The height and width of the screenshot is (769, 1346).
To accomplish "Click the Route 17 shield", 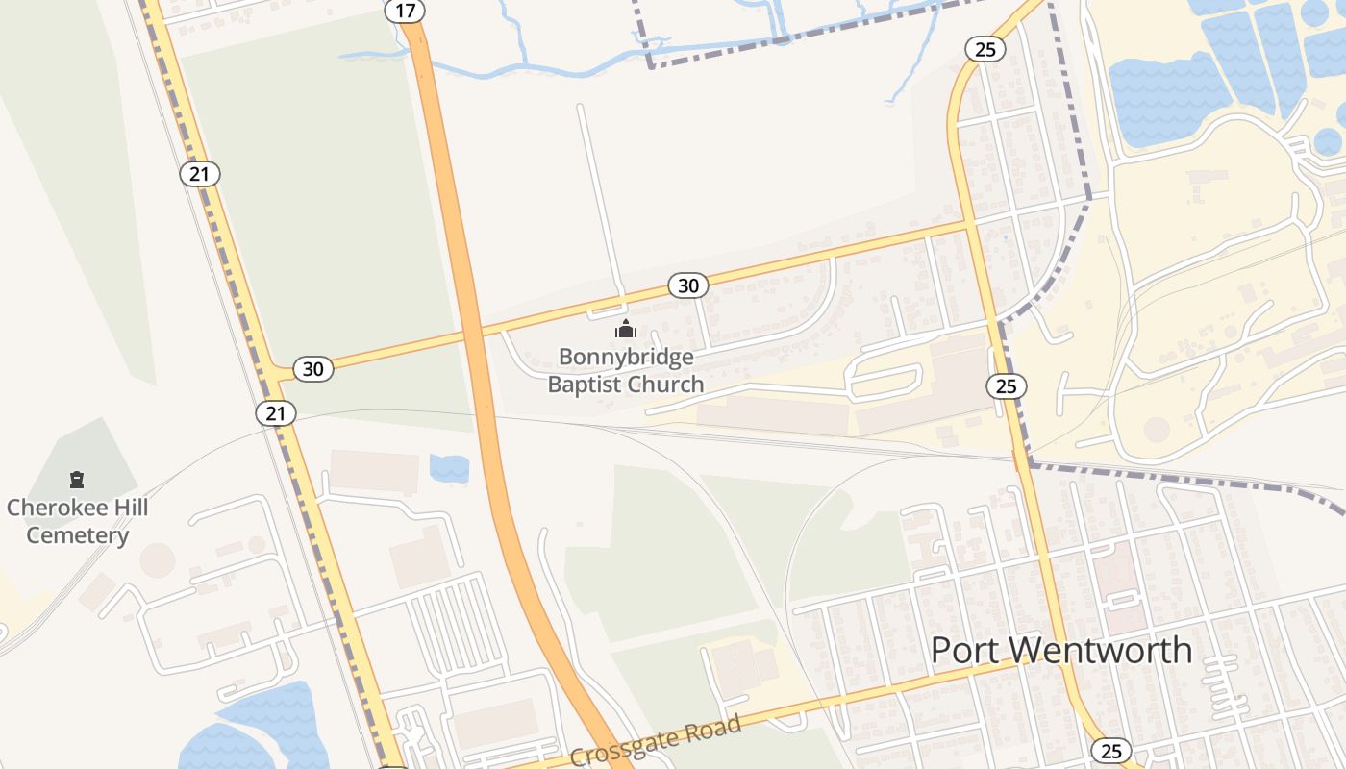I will click(405, 11).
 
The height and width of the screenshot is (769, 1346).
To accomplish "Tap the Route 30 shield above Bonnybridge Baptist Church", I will click(687, 285).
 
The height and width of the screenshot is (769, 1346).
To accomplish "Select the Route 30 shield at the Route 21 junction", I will click(313, 368).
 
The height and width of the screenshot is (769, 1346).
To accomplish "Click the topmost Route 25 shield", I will click(985, 49).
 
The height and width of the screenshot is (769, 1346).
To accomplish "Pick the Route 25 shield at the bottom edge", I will click(1110, 751).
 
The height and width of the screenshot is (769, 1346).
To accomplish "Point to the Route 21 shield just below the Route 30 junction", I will click(276, 413).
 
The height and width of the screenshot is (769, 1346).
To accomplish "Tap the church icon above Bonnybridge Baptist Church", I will click(626, 330).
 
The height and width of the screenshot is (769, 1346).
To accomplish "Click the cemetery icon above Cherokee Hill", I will click(77, 479).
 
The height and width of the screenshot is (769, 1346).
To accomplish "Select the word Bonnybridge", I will click(626, 358).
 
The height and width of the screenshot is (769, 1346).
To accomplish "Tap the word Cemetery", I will click(77, 535).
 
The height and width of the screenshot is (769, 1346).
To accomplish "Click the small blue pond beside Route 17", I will click(449, 468).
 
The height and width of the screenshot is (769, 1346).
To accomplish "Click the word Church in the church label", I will click(665, 384).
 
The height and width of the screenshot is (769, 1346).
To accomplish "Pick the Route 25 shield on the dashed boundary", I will click(1006, 386).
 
